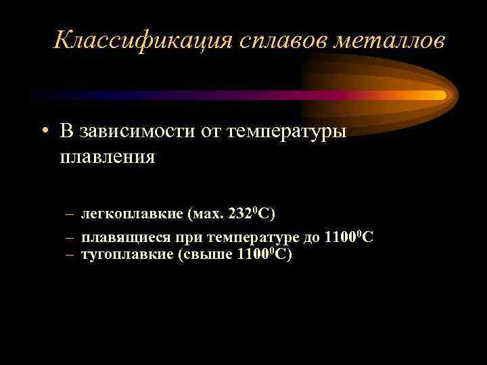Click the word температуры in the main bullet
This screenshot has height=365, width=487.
[284, 131]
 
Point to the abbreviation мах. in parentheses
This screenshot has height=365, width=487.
[207, 214]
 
